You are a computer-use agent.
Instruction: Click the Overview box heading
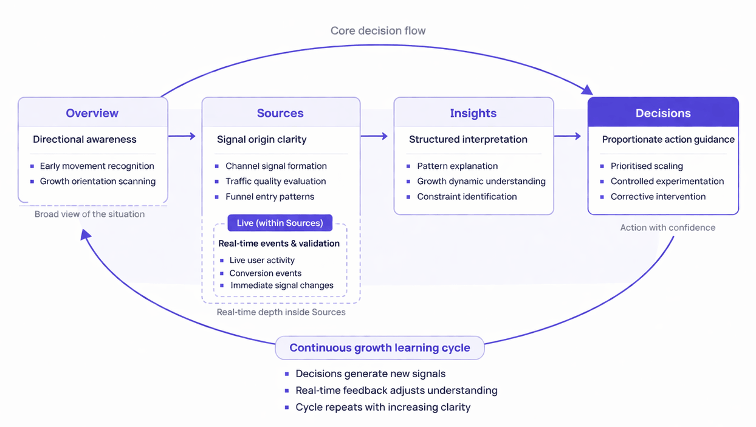coord(92,113)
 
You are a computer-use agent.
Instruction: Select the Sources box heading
coord(280,113)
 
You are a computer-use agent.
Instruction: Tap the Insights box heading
coord(473,113)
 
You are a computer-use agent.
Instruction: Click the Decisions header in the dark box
coord(663,113)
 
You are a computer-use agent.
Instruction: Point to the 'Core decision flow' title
coord(378,30)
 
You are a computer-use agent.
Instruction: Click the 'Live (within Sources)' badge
coord(280,223)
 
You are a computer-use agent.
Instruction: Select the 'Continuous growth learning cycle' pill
coord(380,348)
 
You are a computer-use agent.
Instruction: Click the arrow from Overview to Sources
coord(182,136)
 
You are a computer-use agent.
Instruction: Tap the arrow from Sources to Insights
coord(374,136)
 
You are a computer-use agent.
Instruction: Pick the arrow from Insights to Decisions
coord(568,136)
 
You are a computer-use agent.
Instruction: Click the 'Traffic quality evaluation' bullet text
coord(275,181)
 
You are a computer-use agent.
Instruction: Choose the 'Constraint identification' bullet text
coord(467,197)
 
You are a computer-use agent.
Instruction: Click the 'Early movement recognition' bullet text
coord(97,166)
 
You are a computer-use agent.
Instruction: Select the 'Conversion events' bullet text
coord(265,273)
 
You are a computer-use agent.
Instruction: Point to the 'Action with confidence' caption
coord(667,228)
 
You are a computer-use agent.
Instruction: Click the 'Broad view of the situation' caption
coord(89,214)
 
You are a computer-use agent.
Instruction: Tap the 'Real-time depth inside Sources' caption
coord(281,312)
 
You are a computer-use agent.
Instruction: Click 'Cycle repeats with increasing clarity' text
coord(383,407)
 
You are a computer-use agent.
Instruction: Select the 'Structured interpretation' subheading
coord(467,140)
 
